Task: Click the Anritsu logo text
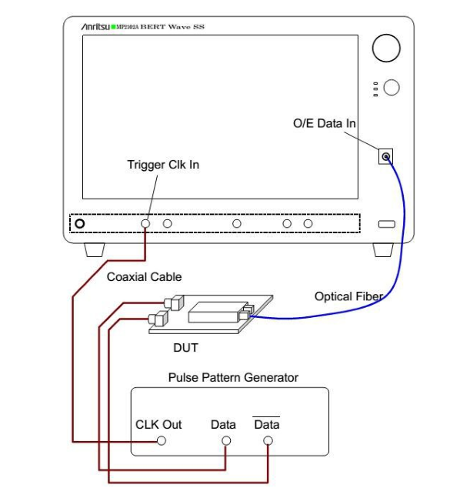[95, 27]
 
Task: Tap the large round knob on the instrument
[386, 48]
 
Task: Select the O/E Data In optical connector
[385, 156]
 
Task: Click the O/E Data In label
[324, 123]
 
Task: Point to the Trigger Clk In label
[163, 165]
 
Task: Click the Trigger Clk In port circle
[145, 223]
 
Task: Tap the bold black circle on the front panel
[80, 223]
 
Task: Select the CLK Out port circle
[162, 440]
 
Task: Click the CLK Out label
[158, 424]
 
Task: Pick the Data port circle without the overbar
[226, 440]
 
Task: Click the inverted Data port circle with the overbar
[268, 440]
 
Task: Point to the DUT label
[185, 348]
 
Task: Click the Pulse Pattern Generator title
[233, 378]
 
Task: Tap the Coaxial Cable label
[144, 277]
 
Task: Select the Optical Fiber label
[348, 296]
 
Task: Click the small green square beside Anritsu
[113, 27]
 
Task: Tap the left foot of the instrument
[95, 250]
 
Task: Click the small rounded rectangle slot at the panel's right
[387, 224]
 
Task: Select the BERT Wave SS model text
[172, 27]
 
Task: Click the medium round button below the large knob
[392, 87]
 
